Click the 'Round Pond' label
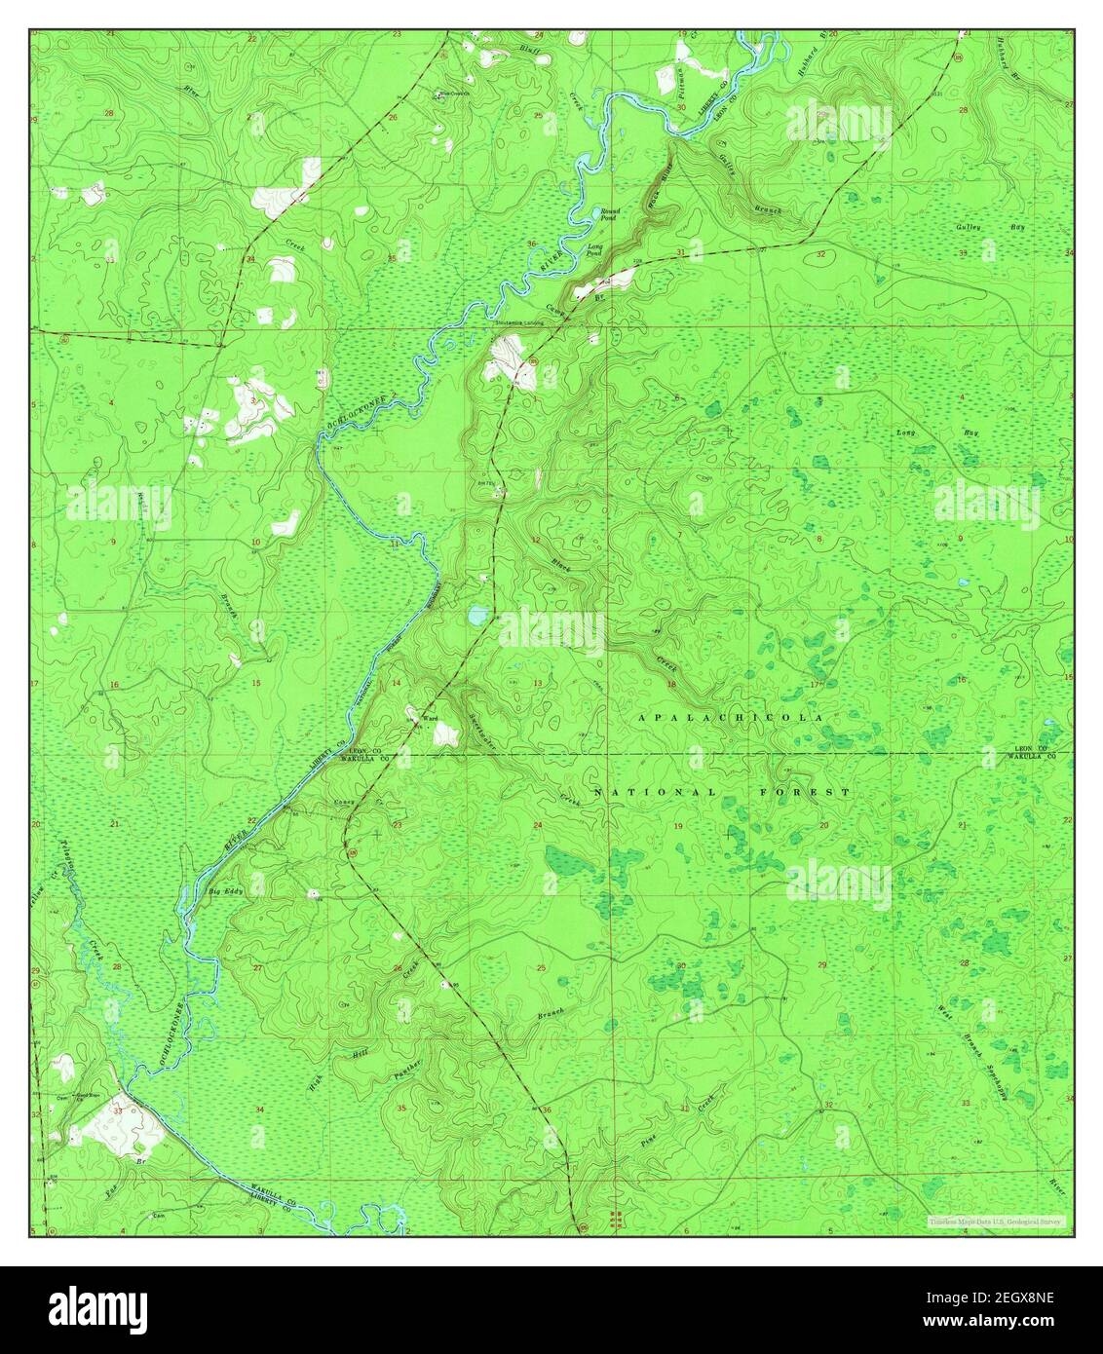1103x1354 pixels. [x=610, y=213]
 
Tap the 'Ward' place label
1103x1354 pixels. [x=429, y=719]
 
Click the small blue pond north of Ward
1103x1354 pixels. [x=476, y=616]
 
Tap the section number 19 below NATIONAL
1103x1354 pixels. [x=678, y=826]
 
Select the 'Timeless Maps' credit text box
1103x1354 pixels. [x=996, y=1221]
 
